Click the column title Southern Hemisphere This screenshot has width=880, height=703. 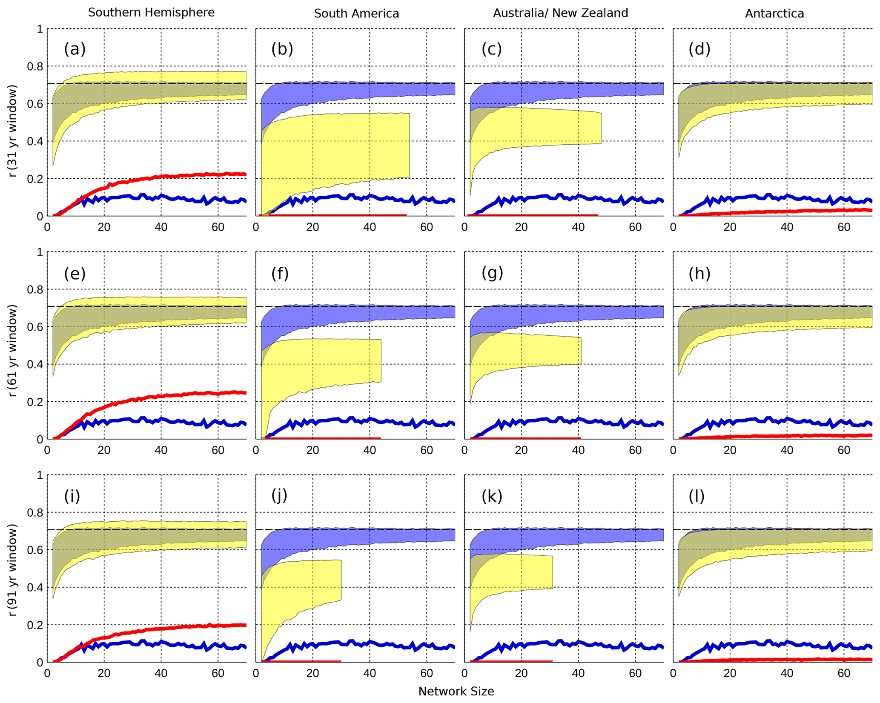click(151, 13)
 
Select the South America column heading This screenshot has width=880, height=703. click(356, 14)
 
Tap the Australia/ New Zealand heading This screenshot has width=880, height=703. click(560, 13)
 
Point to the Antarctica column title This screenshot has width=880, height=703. click(774, 14)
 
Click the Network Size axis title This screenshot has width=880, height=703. click(456, 692)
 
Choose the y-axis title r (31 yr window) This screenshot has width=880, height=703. click(13, 131)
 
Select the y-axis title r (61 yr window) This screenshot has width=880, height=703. click(13, 351)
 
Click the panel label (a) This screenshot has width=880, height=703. click(75, 49)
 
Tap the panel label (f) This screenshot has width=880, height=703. click(280, 274)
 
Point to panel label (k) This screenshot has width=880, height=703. click(492, 496)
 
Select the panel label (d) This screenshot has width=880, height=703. click(699, 49)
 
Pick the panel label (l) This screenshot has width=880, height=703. click(697, 496)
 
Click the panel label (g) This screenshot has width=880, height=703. click(492, 273)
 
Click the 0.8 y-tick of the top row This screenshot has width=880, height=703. click(37, 66)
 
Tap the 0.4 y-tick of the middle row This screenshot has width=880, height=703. click(37, 364)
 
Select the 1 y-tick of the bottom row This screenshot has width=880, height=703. click(40, 475)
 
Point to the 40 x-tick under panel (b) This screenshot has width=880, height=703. click(370, 227)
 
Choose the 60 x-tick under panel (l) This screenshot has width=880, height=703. click(844, 674)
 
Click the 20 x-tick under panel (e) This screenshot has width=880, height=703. click(104, 451)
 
